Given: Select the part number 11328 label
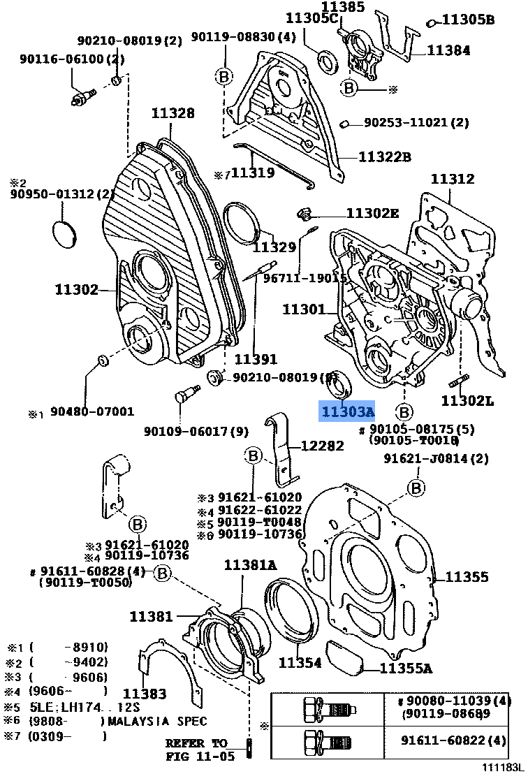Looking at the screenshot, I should (174, 113).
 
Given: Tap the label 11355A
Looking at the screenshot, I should (406, 669).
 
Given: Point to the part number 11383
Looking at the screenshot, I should (145, 694).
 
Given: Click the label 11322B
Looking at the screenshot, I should (385, 157).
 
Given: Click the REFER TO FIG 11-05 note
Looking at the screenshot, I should (197, 749).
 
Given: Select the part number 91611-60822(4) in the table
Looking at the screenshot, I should (453, 740).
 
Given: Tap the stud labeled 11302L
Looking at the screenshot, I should (461, 381).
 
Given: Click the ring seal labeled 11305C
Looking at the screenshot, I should (328, 61).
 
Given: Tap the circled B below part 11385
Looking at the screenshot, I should (350, 87).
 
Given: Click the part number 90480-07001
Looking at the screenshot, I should (91, 412).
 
